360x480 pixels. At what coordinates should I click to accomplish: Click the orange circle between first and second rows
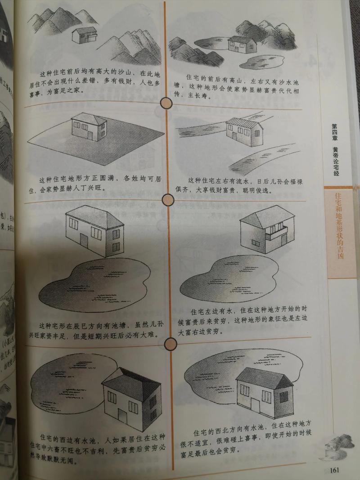tap(167, 104)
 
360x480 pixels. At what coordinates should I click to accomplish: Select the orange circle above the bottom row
tap(171, 345)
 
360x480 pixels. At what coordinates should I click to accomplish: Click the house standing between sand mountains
tap(84, 35)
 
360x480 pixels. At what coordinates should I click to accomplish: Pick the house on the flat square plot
tap(89, 126)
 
